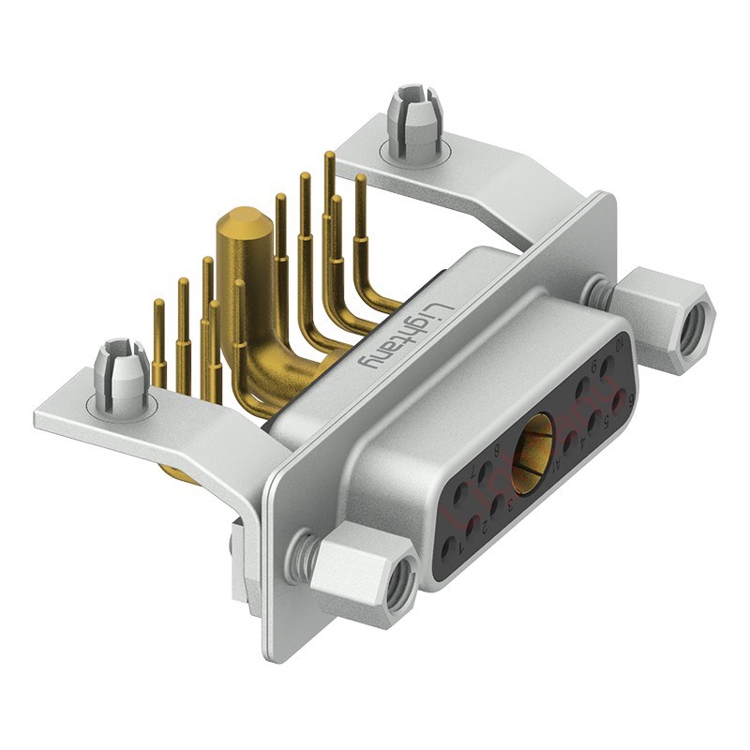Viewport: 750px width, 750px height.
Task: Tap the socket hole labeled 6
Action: pos(617,401)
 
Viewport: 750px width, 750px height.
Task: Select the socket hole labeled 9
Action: pos(584,384)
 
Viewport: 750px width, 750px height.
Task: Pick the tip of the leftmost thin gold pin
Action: pos(159,305)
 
